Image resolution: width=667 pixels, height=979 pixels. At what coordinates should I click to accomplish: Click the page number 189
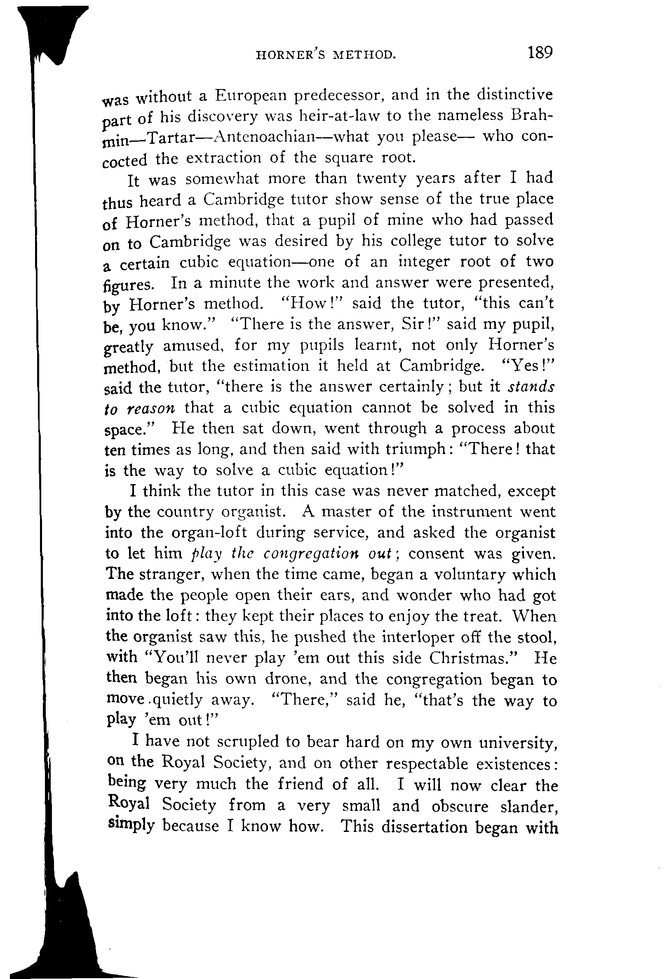point(538,53)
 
